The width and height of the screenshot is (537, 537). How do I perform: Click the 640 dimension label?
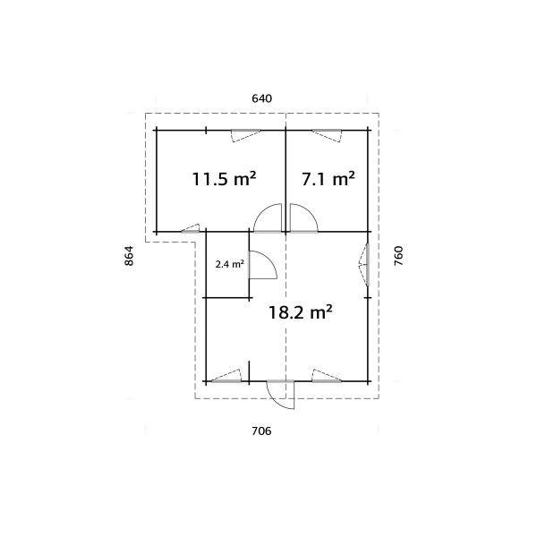(261, 98)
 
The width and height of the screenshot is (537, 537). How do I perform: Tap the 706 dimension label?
(261, 431)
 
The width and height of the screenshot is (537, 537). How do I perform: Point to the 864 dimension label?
(129, 256)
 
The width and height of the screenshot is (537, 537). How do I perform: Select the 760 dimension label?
(399, 256)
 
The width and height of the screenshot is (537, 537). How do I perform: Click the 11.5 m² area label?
(224, 179)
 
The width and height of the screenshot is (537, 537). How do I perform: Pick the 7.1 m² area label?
(328, 179)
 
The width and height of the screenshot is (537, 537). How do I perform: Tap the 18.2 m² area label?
(301, 312)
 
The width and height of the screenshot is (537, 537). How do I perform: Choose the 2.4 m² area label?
(229, 264)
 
